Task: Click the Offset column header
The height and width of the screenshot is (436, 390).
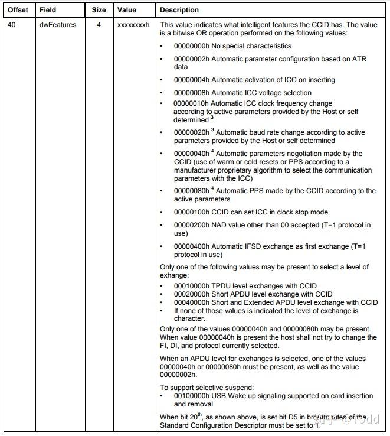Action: pos(18,10)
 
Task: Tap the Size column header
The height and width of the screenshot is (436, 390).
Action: pos(99,10)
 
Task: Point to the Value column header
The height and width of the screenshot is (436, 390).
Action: pos(127,10)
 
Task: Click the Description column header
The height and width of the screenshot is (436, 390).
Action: pos(179,10)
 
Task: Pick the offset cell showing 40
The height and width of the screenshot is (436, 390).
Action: pos(11,25)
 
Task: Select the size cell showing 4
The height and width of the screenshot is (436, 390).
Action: pos(99,25)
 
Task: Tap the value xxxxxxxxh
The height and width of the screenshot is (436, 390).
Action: pos(134,25)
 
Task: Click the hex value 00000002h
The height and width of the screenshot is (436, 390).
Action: pos(191,59)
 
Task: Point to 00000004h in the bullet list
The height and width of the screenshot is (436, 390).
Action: pos(191,80)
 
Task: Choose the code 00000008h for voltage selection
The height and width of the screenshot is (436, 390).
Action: pos(191,93)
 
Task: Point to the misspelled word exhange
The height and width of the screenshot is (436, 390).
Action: pos(175,275)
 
